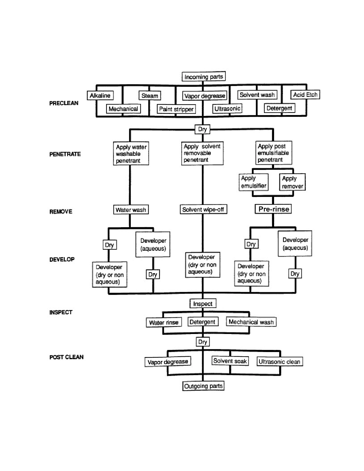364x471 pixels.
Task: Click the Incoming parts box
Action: pos(204,77)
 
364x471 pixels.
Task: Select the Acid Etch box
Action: pos(305,94)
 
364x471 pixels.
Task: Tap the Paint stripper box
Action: pos(176,109)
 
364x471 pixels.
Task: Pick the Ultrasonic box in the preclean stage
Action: pos(227,108)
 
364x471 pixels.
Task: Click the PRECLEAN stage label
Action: pos(64,103)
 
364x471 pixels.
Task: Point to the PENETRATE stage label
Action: pos(65,154)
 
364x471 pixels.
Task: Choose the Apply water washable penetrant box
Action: pos(131,154)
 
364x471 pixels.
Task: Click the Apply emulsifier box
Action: pos(254,182)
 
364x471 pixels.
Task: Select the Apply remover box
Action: pos(292,182)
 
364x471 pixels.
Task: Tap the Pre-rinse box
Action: pos(273,209)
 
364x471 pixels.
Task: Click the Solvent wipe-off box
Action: pos(203,210)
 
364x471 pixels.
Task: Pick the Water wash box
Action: pos(131,210)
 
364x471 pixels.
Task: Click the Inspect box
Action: pos(203,303)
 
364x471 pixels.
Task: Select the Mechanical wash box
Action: pos(251,322)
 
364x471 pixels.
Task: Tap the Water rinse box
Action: pos(164,323)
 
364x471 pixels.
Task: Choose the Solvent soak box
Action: pos(230,361)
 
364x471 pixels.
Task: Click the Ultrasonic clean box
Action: pos(280,362)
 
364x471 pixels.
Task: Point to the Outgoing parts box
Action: pos(203,386)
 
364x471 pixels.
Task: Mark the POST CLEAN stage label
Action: pos(66,357)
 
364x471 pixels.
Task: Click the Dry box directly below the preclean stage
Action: pos(202,129)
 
